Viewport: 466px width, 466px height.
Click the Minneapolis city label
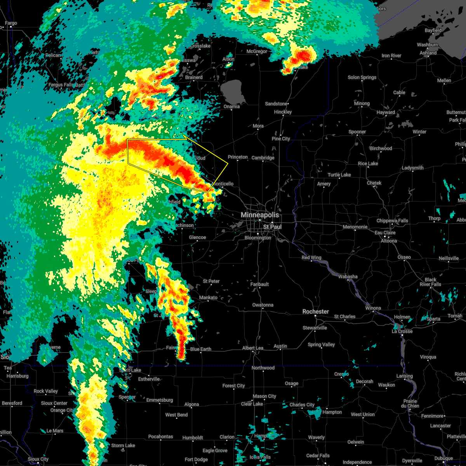click(260, 215)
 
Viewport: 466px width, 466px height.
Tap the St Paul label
click(272, 226)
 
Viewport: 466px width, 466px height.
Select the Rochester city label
click(316, 311)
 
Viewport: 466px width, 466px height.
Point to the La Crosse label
click(402, 331)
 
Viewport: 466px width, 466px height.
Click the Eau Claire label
click(385, 233)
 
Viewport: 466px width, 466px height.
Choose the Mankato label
click(208, 297)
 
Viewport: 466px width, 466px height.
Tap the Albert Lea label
click(253, 348)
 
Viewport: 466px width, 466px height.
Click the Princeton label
click(238, 157)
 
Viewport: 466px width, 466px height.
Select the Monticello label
click(223, 184)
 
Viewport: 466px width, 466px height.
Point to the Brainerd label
click(194, 77)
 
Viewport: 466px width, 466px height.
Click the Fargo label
click(11, 23)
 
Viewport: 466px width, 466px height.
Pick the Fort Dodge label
click(196, 459)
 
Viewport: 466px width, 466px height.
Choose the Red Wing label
click(311, 258)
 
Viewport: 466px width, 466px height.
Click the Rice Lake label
click(368, 163)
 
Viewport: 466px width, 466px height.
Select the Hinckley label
click(283, 112)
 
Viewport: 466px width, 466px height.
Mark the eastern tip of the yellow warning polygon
click(228, 163)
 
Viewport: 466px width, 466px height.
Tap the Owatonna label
click(263, 305)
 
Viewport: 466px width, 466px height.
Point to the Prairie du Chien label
click(410, 403)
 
